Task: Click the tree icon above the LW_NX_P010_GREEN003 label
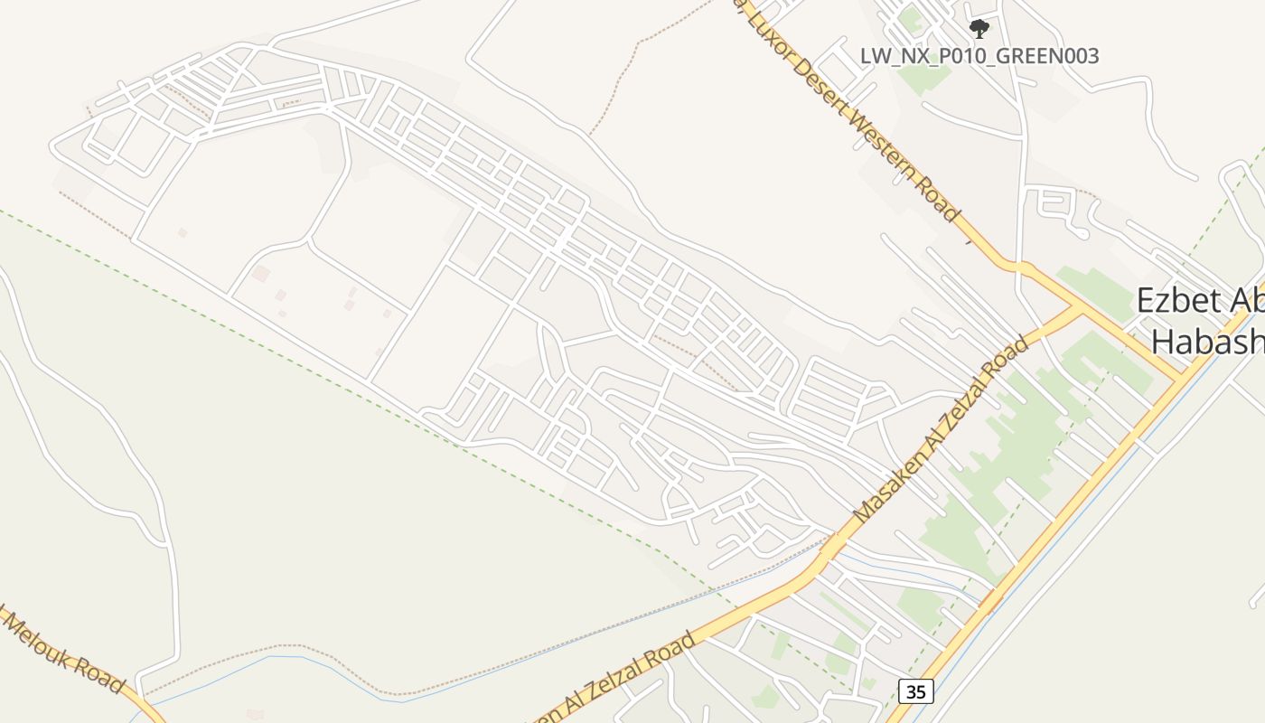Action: tap(979, 29)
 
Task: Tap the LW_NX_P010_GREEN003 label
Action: tap(979, 56)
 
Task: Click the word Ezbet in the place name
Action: tap(1175, 301)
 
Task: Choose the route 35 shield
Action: tap(916, 692)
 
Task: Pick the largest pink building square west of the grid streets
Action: tap(260, 273)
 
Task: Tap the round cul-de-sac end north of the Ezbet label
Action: tap(1082, 234)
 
